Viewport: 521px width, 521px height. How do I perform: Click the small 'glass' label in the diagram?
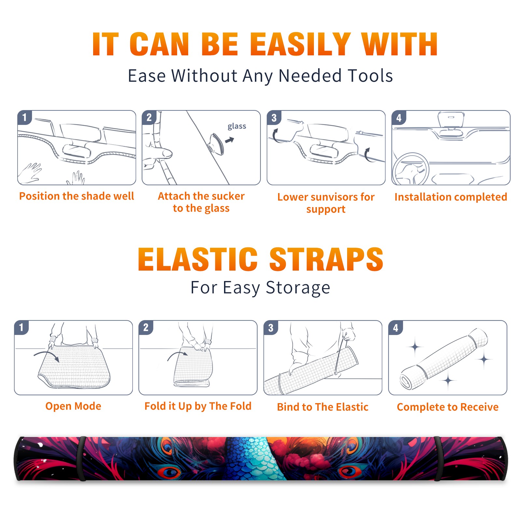point(237,126)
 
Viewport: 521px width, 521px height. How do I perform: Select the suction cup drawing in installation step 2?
point(216,144)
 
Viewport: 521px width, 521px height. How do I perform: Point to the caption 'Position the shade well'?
point(77,196)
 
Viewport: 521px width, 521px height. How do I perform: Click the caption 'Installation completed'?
point(451,197)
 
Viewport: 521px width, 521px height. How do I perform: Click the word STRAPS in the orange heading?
point(326,259)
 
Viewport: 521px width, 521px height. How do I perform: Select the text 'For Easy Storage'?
point(260,288)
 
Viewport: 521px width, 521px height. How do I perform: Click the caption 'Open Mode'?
point(73,406)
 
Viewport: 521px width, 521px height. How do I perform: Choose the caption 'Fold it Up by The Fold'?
point(198,406)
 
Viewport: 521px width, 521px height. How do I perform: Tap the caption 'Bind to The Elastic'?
point(323,407)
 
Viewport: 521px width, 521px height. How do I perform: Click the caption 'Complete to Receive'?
point(448,407)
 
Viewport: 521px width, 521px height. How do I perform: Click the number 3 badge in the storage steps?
point(271,328)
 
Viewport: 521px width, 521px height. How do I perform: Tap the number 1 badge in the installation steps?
point(24,117)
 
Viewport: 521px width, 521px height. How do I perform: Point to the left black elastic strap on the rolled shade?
point(81,458)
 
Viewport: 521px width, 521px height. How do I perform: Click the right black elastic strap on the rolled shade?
point(438,458)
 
